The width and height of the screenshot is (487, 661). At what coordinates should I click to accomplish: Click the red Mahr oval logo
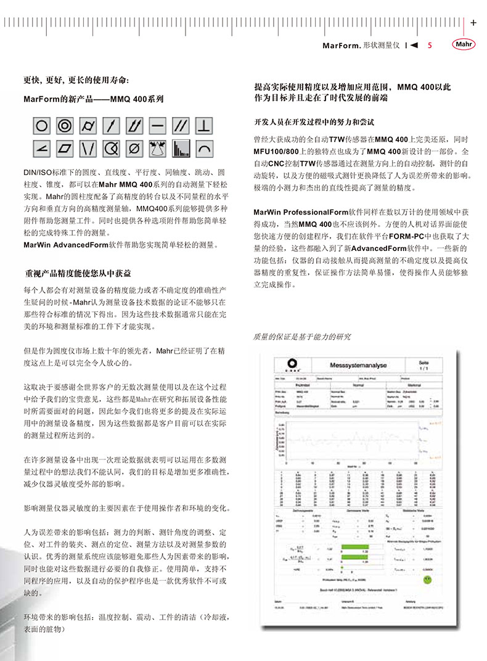coord(465,45)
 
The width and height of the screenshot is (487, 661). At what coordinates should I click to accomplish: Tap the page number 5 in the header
coord(430,46)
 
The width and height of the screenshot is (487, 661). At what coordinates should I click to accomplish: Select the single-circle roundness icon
coord(41,126)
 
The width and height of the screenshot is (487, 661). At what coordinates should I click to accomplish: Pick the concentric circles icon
coord(64,126)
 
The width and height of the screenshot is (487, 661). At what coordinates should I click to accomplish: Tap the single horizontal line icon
coord(157,126)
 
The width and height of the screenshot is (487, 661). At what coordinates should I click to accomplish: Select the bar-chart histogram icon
coord(180,149)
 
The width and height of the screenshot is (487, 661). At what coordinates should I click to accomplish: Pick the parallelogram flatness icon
coord(64,149)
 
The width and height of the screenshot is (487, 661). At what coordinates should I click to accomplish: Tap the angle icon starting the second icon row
coord(41,149)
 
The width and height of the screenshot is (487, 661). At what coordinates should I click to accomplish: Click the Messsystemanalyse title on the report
coord(361,365)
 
